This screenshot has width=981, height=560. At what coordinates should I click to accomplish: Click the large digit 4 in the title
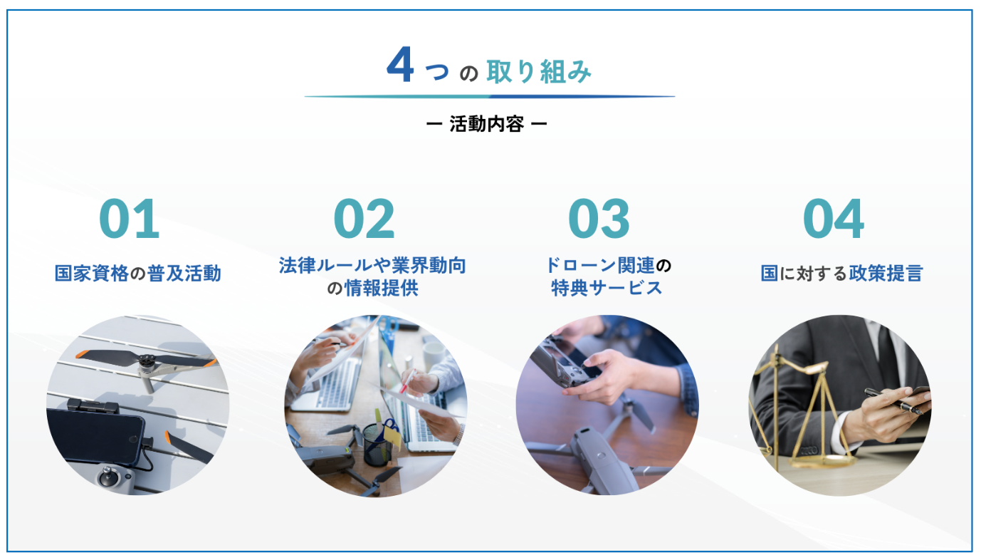[400, 65]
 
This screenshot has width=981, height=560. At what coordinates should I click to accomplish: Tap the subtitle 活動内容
[486, 124]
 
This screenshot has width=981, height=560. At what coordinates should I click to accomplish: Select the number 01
[129, 219]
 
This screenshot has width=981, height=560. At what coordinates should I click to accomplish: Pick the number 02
[364, 219]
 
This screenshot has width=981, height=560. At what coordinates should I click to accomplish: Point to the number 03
[599, 219]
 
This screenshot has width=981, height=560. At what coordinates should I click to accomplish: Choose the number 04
[834, 219]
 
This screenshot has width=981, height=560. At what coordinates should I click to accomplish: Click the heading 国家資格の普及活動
[138, 274]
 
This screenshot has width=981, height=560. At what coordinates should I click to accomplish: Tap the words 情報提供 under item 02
[382, 289]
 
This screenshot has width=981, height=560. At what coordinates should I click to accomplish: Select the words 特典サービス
[607, 289]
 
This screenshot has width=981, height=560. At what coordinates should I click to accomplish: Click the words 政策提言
[886, 274]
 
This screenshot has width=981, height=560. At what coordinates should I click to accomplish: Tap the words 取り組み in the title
[539, 71]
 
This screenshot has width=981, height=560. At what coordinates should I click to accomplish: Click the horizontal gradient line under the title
[490, 96]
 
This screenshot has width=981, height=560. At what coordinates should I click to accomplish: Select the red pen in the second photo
[406, 382]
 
